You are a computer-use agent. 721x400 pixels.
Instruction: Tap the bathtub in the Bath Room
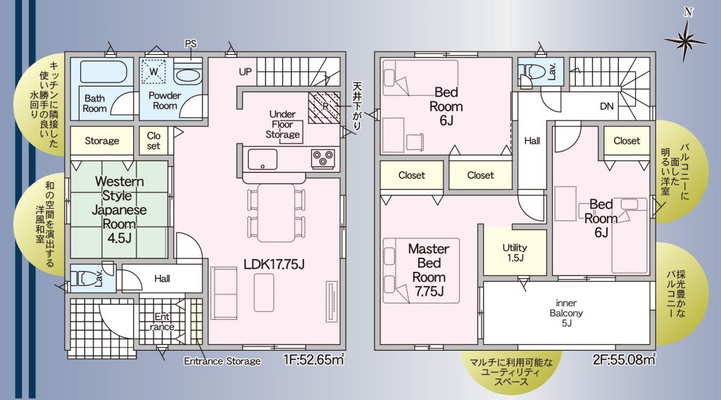tap(104, 71)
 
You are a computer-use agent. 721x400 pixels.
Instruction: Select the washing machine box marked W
tap(153, 72)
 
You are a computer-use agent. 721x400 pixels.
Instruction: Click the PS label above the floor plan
tap(190, 44)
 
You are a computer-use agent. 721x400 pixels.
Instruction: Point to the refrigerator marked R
tap(324, 108)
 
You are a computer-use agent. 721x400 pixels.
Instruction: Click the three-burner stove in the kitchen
tap(322, 158)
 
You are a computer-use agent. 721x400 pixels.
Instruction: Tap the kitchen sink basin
tap(263, 159)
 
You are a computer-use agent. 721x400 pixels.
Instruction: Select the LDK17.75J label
tap(274, 264)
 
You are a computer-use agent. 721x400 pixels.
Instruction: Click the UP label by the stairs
tap(245, 72)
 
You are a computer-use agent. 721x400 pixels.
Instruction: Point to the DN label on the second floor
tap(606, 106)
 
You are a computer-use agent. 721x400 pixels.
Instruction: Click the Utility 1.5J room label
tap(515, 252)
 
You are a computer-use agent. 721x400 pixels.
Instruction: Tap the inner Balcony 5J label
tap(566, 313)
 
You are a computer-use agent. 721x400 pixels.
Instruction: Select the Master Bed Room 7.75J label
tap(429, 270)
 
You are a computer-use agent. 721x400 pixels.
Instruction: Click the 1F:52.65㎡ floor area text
tap(314, 359)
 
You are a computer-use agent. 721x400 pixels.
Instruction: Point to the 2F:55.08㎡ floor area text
tap(624, 359)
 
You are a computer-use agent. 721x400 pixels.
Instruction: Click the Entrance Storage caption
tap(222, 361)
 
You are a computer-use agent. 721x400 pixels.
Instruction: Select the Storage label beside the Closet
tap(101, 141)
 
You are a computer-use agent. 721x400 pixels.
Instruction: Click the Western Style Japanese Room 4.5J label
tap(119, 210)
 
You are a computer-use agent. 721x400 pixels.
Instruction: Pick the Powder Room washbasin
tap(187, 73)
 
